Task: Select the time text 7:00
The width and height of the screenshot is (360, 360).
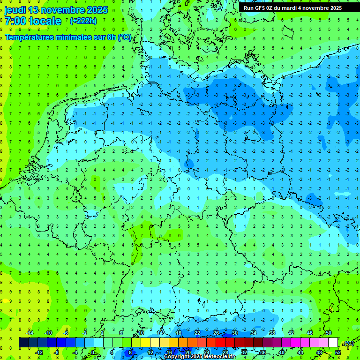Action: coord(15,21)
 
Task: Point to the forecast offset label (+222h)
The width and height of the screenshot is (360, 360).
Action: coord(83,21)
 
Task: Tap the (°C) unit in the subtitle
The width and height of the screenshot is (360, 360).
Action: coord(125,37)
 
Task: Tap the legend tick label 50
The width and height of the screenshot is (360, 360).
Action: coord(328,333)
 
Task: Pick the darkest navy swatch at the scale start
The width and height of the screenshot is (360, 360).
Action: coord(23,343)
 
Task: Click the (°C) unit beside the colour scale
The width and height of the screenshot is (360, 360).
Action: coord(348,343)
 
